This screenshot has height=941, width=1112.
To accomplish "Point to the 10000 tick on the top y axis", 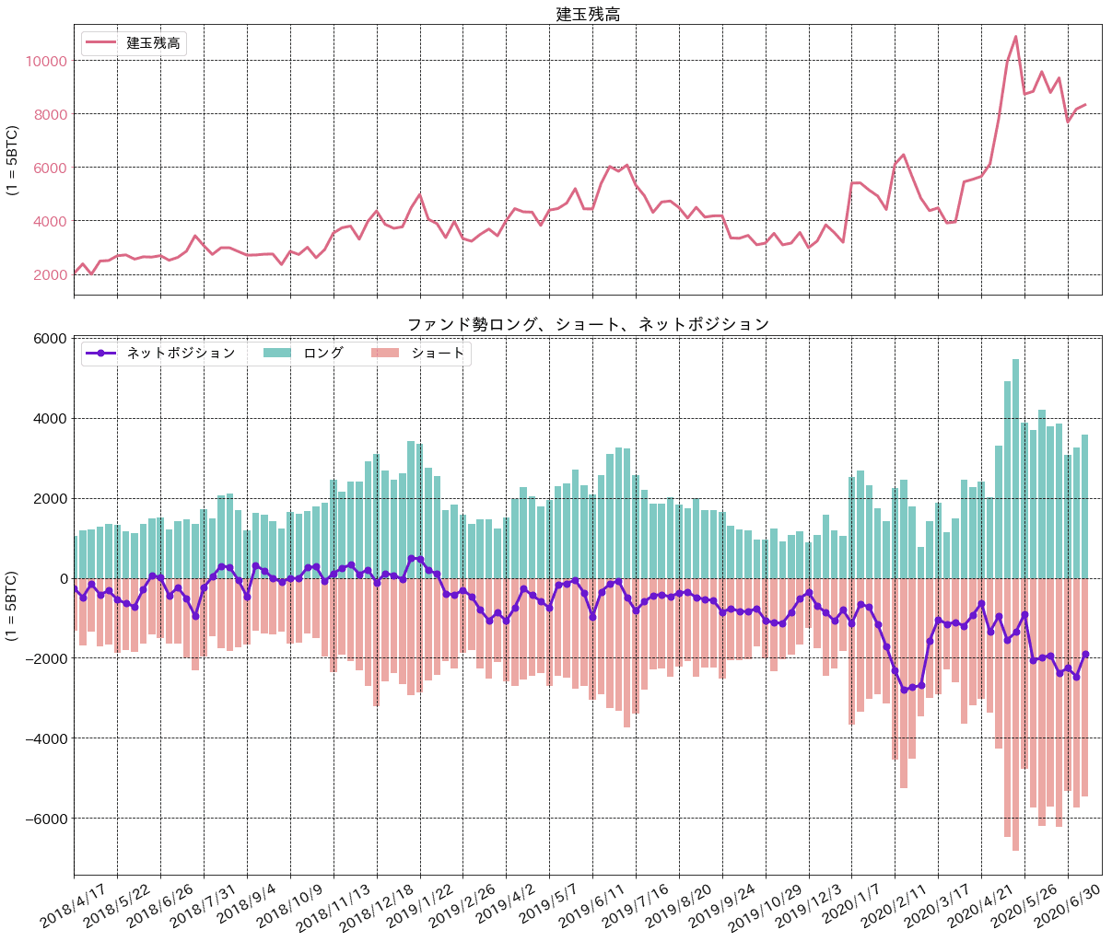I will (47, 62).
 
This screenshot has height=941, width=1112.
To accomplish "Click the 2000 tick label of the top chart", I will (50, 275).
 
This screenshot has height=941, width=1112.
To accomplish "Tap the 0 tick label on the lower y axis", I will (60, 579).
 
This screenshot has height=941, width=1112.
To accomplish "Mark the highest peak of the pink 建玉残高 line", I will (1015, 37).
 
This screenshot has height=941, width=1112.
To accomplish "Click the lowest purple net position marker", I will (904, 690).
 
